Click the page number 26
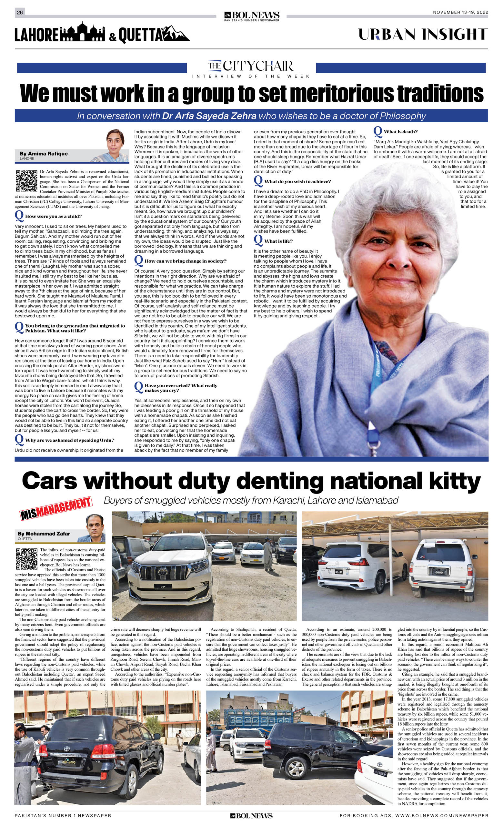20,12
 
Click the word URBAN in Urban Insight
387,35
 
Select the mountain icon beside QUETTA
177,34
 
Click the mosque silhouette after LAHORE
82,32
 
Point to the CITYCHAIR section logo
251,66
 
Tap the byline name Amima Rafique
44,154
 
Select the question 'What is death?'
400,132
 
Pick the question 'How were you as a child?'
53,217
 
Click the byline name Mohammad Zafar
44,534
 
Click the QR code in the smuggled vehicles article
26,559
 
